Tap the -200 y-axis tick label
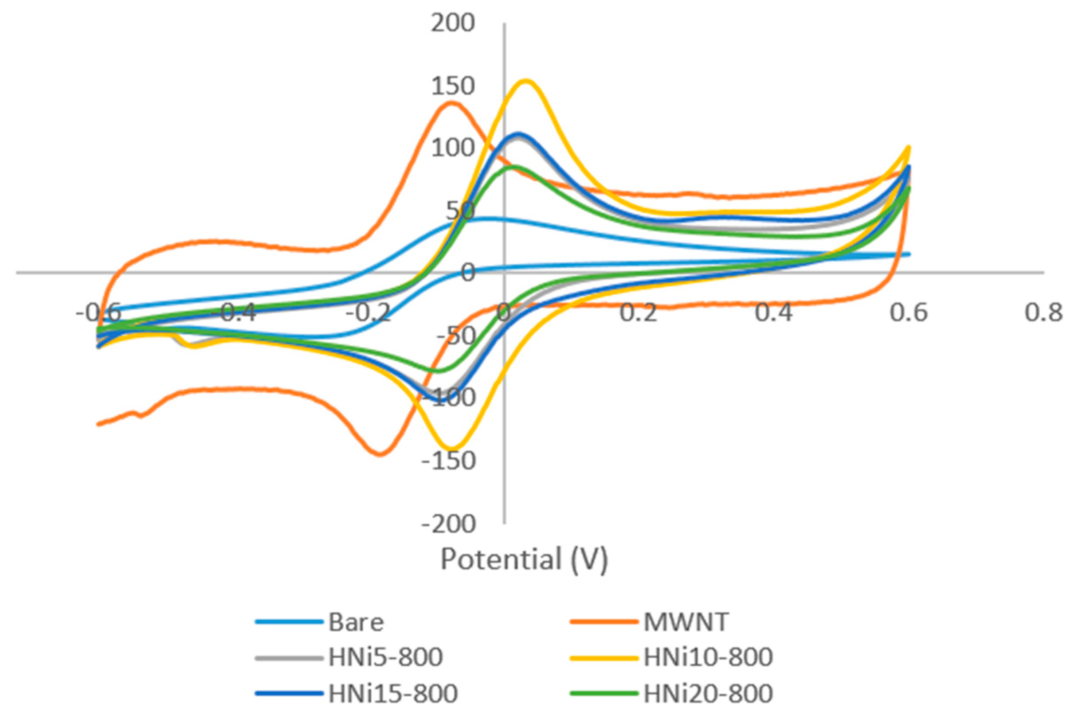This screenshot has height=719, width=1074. [448, 524]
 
